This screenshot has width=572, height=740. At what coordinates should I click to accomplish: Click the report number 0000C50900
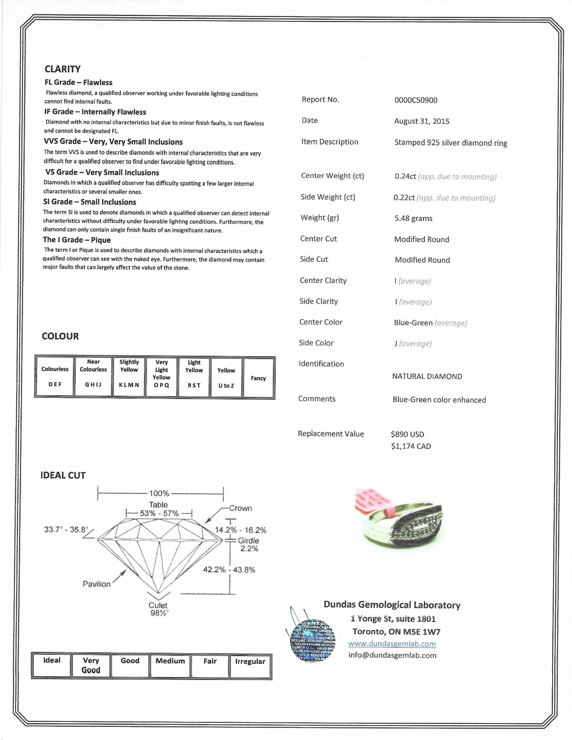[416, 100]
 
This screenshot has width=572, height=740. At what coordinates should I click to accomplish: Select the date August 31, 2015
[421, 121]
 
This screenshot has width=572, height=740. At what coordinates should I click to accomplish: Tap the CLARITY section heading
[63, 69]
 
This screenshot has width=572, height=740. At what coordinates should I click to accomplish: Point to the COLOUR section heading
[60, 336]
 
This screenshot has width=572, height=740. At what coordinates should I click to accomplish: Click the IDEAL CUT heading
[63, 476]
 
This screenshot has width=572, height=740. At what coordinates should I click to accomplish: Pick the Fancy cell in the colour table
[258, 378]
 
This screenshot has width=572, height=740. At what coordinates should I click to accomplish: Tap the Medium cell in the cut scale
[170, 665]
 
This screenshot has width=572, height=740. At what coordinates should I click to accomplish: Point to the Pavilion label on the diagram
[97, 584]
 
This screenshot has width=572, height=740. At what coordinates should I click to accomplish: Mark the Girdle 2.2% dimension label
[249, 545]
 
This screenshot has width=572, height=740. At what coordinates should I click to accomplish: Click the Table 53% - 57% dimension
[159, 509]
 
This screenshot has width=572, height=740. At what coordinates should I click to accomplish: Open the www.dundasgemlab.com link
[392, 644]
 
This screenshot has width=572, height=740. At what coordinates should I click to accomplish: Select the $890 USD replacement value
[407, 434]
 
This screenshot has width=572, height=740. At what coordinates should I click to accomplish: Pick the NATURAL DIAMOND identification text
[427, 376]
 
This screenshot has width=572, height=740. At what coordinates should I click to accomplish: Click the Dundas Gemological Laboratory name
[392, 605]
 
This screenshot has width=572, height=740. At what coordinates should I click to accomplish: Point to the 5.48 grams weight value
[413, 218]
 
